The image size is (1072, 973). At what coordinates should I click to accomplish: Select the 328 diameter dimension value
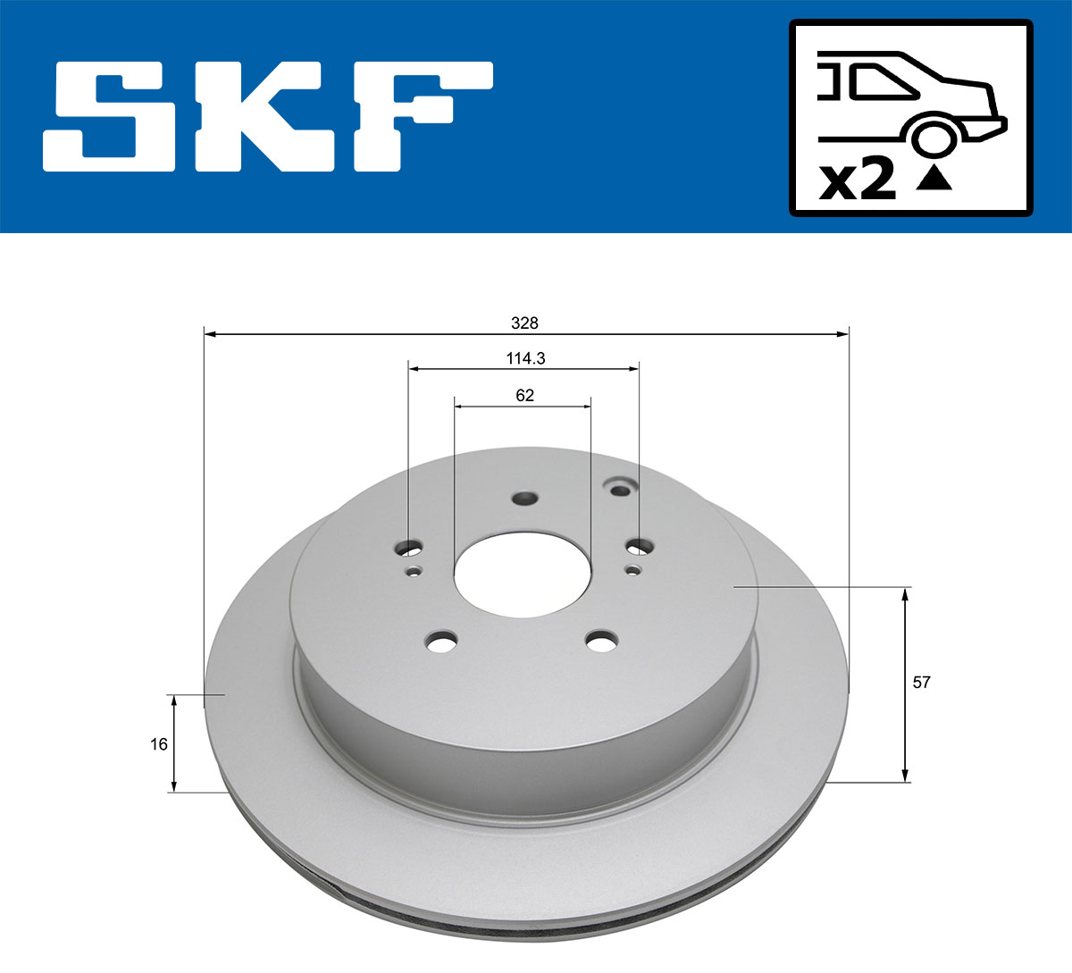(x=524, y=323)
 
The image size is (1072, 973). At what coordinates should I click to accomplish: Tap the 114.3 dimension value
(x=525, y=358)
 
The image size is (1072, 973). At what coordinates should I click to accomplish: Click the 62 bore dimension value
(x=524, y=395)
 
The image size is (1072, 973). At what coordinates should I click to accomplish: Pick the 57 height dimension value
(x=921, y=682)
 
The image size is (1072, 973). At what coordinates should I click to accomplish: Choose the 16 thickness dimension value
(x=159, y=743)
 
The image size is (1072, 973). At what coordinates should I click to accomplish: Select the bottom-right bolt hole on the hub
(x=601, y=640)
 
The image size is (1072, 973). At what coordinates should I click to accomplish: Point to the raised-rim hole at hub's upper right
(x=618, y=487)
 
